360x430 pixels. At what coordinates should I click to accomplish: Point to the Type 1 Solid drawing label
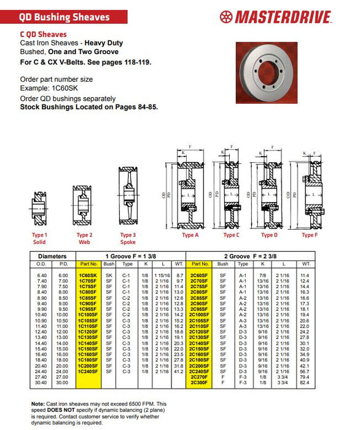point(39,238)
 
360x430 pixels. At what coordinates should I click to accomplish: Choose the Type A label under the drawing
point(190,235)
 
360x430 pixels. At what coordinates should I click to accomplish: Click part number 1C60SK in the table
point(88,276)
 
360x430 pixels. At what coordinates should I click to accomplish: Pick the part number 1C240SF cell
point(88,371)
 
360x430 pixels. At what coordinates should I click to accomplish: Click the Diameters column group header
point(52,255)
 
